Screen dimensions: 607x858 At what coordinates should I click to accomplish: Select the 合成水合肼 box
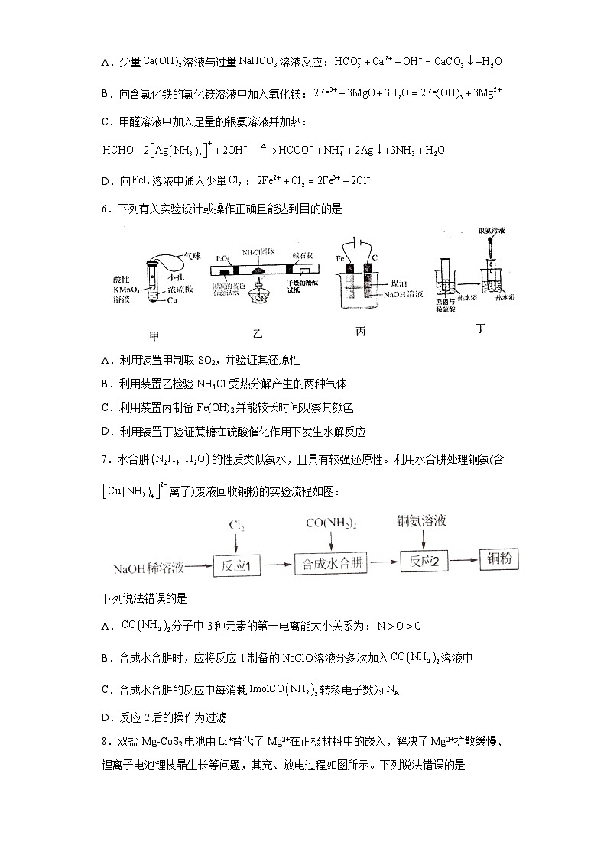[x=331, y=565]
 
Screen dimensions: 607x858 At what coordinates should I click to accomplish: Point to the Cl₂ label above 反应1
[x=237, y=526]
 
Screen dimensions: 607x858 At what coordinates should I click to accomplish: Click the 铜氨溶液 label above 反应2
[x=421, y=521]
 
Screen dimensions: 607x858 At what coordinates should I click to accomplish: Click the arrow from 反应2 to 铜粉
[x=465, y=562]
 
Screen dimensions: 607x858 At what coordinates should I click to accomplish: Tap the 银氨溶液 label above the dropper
[x=493, y=230]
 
